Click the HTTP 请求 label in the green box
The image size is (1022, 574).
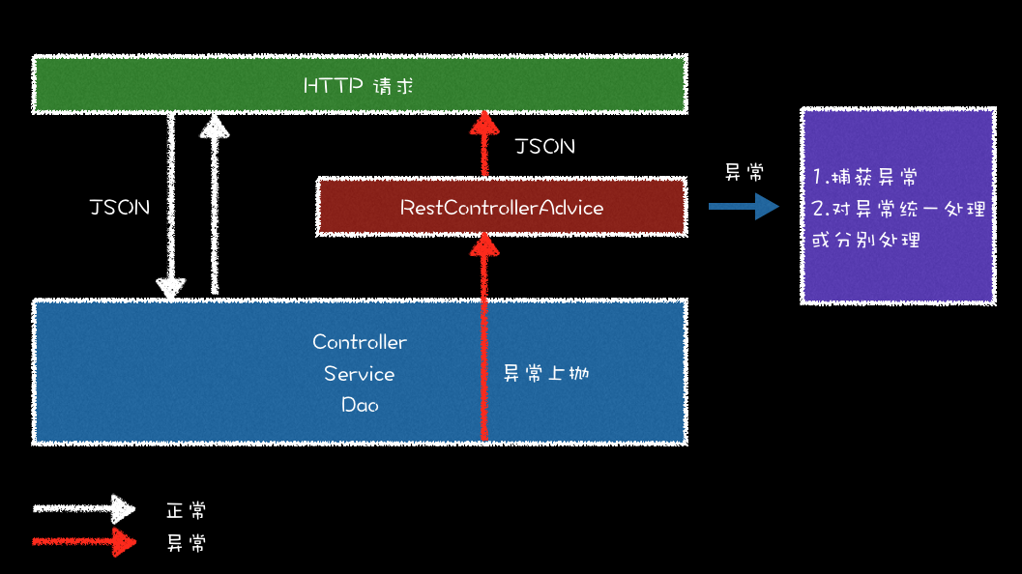pos(359,86)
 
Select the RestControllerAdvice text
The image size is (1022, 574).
pos(502,208)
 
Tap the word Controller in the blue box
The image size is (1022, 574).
pos(360,342)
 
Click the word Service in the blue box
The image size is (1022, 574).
pos(360,374)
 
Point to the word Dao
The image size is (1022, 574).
pos(360,405)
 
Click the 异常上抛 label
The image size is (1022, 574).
pos(546,374)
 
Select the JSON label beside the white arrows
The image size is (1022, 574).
pos(120,208)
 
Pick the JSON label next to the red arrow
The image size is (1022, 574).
pos(545,146)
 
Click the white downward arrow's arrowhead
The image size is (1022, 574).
pos(171,286)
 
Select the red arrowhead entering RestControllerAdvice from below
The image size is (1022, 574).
pos(483,248)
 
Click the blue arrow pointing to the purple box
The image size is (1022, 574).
pos(743,206)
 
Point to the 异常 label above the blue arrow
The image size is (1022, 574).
pos(745,173)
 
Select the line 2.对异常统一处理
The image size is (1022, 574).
pos(898,209)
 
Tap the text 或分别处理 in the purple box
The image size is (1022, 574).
pos(865,240)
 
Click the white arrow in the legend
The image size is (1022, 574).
pos(84,508)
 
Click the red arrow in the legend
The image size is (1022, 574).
pos(84,541)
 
